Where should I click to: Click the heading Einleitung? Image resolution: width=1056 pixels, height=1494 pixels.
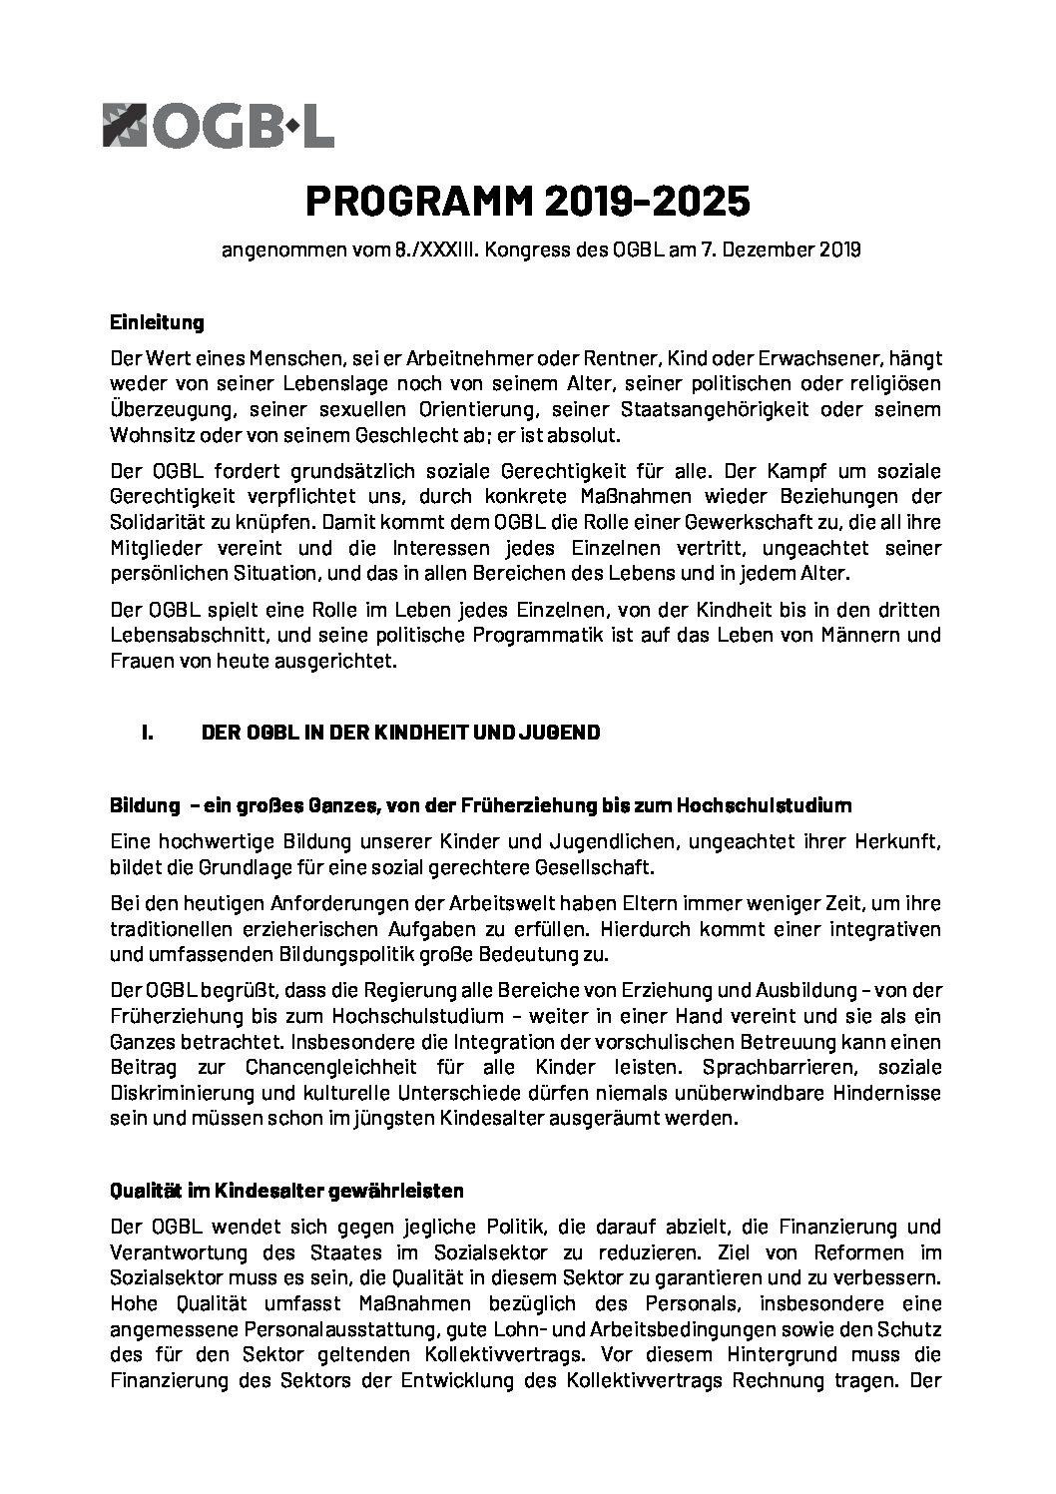[157, 322]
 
